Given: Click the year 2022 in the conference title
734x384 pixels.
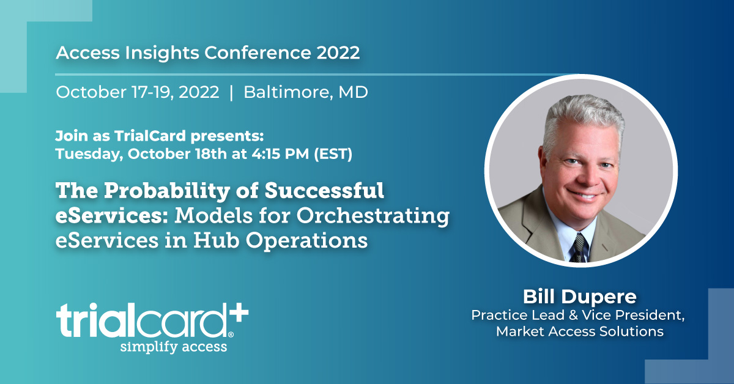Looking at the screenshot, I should (338, 53).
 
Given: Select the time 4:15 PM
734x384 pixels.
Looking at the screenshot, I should (277, 153).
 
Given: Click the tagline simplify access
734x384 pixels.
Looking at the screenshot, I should (174, 347).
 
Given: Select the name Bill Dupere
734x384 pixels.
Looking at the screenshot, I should (579, 297).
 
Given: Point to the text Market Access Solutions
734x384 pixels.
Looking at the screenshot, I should (580, 332).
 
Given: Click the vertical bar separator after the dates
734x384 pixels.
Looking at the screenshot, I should (231, 92).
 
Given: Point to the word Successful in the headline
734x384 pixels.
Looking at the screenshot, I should (325, 191).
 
